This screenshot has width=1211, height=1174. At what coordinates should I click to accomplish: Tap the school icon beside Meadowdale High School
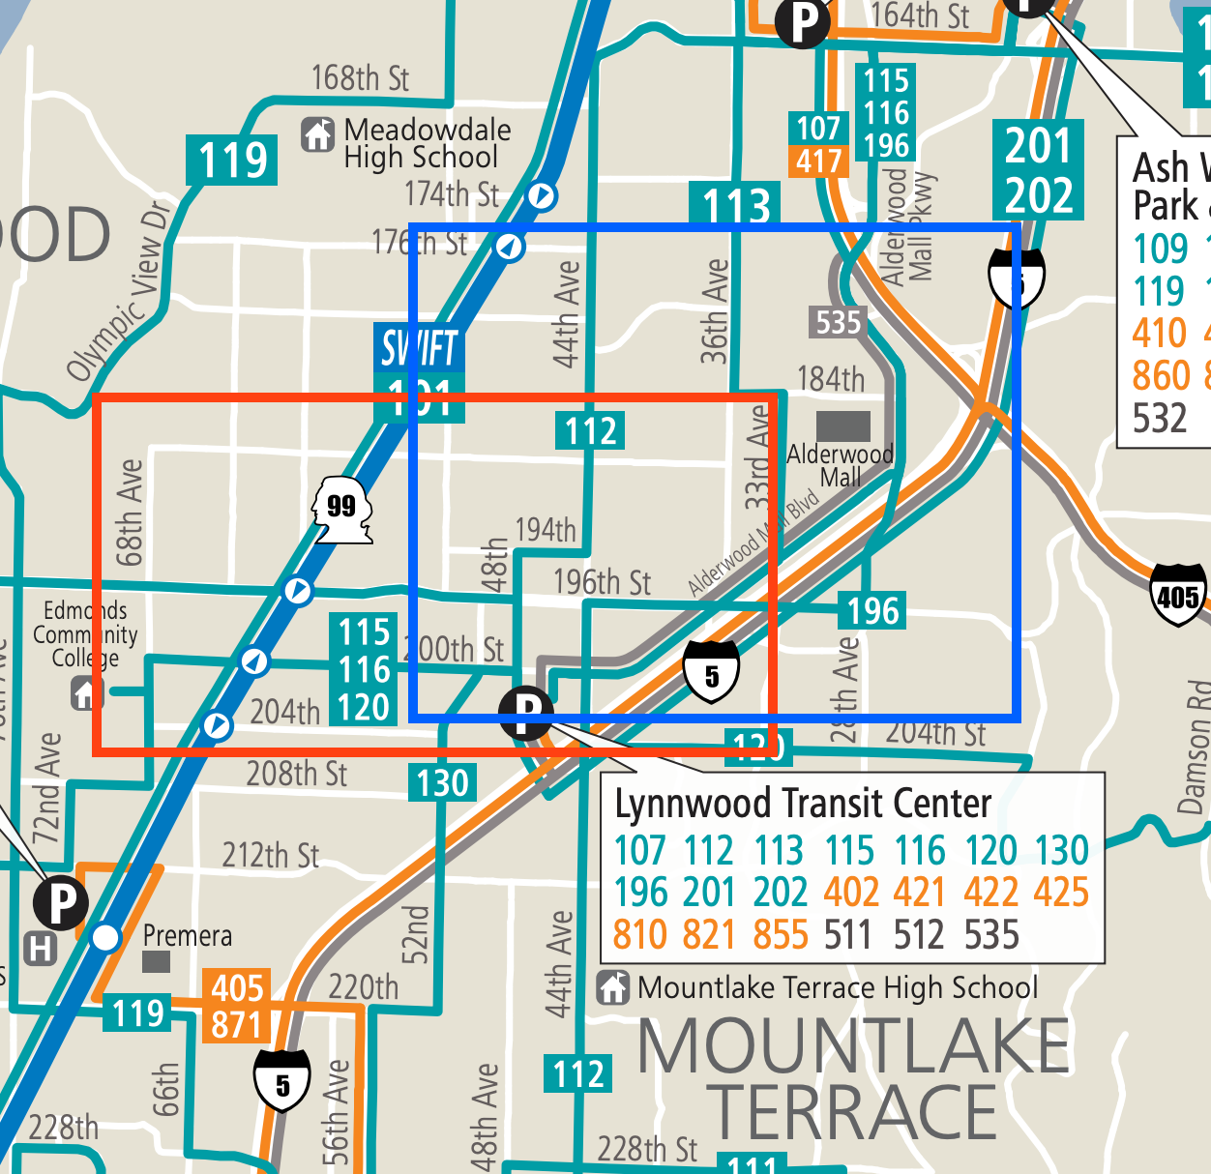click(x=317, y=134)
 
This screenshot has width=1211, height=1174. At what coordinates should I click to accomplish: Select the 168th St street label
click(x=360, y=77)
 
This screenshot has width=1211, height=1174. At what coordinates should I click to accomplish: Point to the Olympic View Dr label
click(x=118, y=290)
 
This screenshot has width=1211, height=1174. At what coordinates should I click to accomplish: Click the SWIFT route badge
click(x=419, y=348)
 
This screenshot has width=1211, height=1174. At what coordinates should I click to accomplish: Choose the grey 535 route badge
click(x=838, y=321)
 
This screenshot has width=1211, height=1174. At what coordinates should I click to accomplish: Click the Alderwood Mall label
click(x=840, y=465)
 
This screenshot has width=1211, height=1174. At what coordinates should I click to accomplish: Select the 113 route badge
click(x=736, y=204)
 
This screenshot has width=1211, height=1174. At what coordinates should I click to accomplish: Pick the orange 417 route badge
click(x=819, y=161)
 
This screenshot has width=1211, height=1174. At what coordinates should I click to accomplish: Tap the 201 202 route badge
click(x=1038, y=170)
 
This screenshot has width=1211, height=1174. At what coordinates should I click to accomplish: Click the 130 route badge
click(x=442, y=782)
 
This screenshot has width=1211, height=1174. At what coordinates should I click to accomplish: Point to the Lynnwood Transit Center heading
click(x=803, y=803)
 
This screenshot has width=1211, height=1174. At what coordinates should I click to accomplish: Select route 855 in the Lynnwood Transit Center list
click(x=781, y=934)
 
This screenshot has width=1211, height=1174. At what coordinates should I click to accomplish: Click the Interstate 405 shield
click(x=1177, y=596)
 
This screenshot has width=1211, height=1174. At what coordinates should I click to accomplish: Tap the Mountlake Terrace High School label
click(x=838, y=987)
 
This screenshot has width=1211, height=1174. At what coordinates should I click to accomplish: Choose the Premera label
click(x=187, y=935)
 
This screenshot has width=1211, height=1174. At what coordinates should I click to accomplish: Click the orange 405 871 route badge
click(x=238, y=1006)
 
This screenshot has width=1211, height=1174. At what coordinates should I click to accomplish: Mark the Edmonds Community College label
click(x=85, y=633)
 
